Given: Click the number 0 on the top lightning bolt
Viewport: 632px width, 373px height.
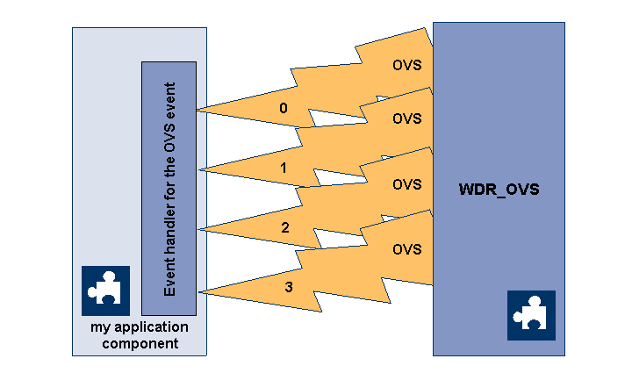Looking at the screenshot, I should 283,109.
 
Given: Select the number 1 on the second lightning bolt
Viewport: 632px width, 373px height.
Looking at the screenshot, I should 283,168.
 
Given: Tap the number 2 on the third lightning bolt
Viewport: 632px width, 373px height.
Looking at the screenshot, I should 284,227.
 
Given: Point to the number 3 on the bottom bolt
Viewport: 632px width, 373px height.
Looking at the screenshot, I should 288,287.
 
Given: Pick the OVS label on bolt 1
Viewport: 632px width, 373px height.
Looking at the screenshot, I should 406,118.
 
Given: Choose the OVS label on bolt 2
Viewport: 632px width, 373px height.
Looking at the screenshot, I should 406,184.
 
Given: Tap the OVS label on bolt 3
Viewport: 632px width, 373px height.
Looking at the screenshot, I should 406,249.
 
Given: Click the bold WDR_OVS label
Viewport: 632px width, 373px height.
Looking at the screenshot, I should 499,190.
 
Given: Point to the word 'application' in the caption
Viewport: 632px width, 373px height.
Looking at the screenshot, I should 151,328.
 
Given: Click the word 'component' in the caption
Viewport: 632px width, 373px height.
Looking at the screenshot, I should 140,343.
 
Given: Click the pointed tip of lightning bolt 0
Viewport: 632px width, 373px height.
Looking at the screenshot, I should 198,110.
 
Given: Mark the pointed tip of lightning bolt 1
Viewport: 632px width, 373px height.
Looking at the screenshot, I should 198,169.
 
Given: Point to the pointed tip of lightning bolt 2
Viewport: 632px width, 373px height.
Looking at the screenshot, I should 198,230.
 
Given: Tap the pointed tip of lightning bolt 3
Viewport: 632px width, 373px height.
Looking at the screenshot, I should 198,291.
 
